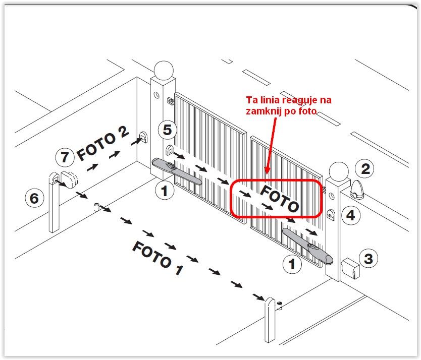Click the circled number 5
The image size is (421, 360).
tap(167, 130)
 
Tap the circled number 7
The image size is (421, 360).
tap(65, 157)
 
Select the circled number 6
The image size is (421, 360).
tap(34, 198)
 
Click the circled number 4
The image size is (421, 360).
tap(351, 215)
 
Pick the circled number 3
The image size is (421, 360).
tap(368, 259)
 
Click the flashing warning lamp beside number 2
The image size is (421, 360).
tap(357, 190)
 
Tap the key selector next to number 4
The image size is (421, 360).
tap(331, 215)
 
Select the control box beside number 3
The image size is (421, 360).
tap(350, 268)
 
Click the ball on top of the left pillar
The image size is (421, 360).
tap(164, 70)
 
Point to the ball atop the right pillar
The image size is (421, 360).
tap(339, 172)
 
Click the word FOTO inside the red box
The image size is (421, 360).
tap(280, 199)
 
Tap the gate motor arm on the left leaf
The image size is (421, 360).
tap(177, 172)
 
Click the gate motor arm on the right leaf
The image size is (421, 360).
tap(308, 245)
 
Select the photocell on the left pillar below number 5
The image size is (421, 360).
tap(170, 150)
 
